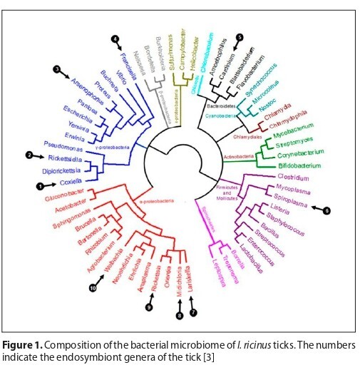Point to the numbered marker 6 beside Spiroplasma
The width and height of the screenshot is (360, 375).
[326, 210]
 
